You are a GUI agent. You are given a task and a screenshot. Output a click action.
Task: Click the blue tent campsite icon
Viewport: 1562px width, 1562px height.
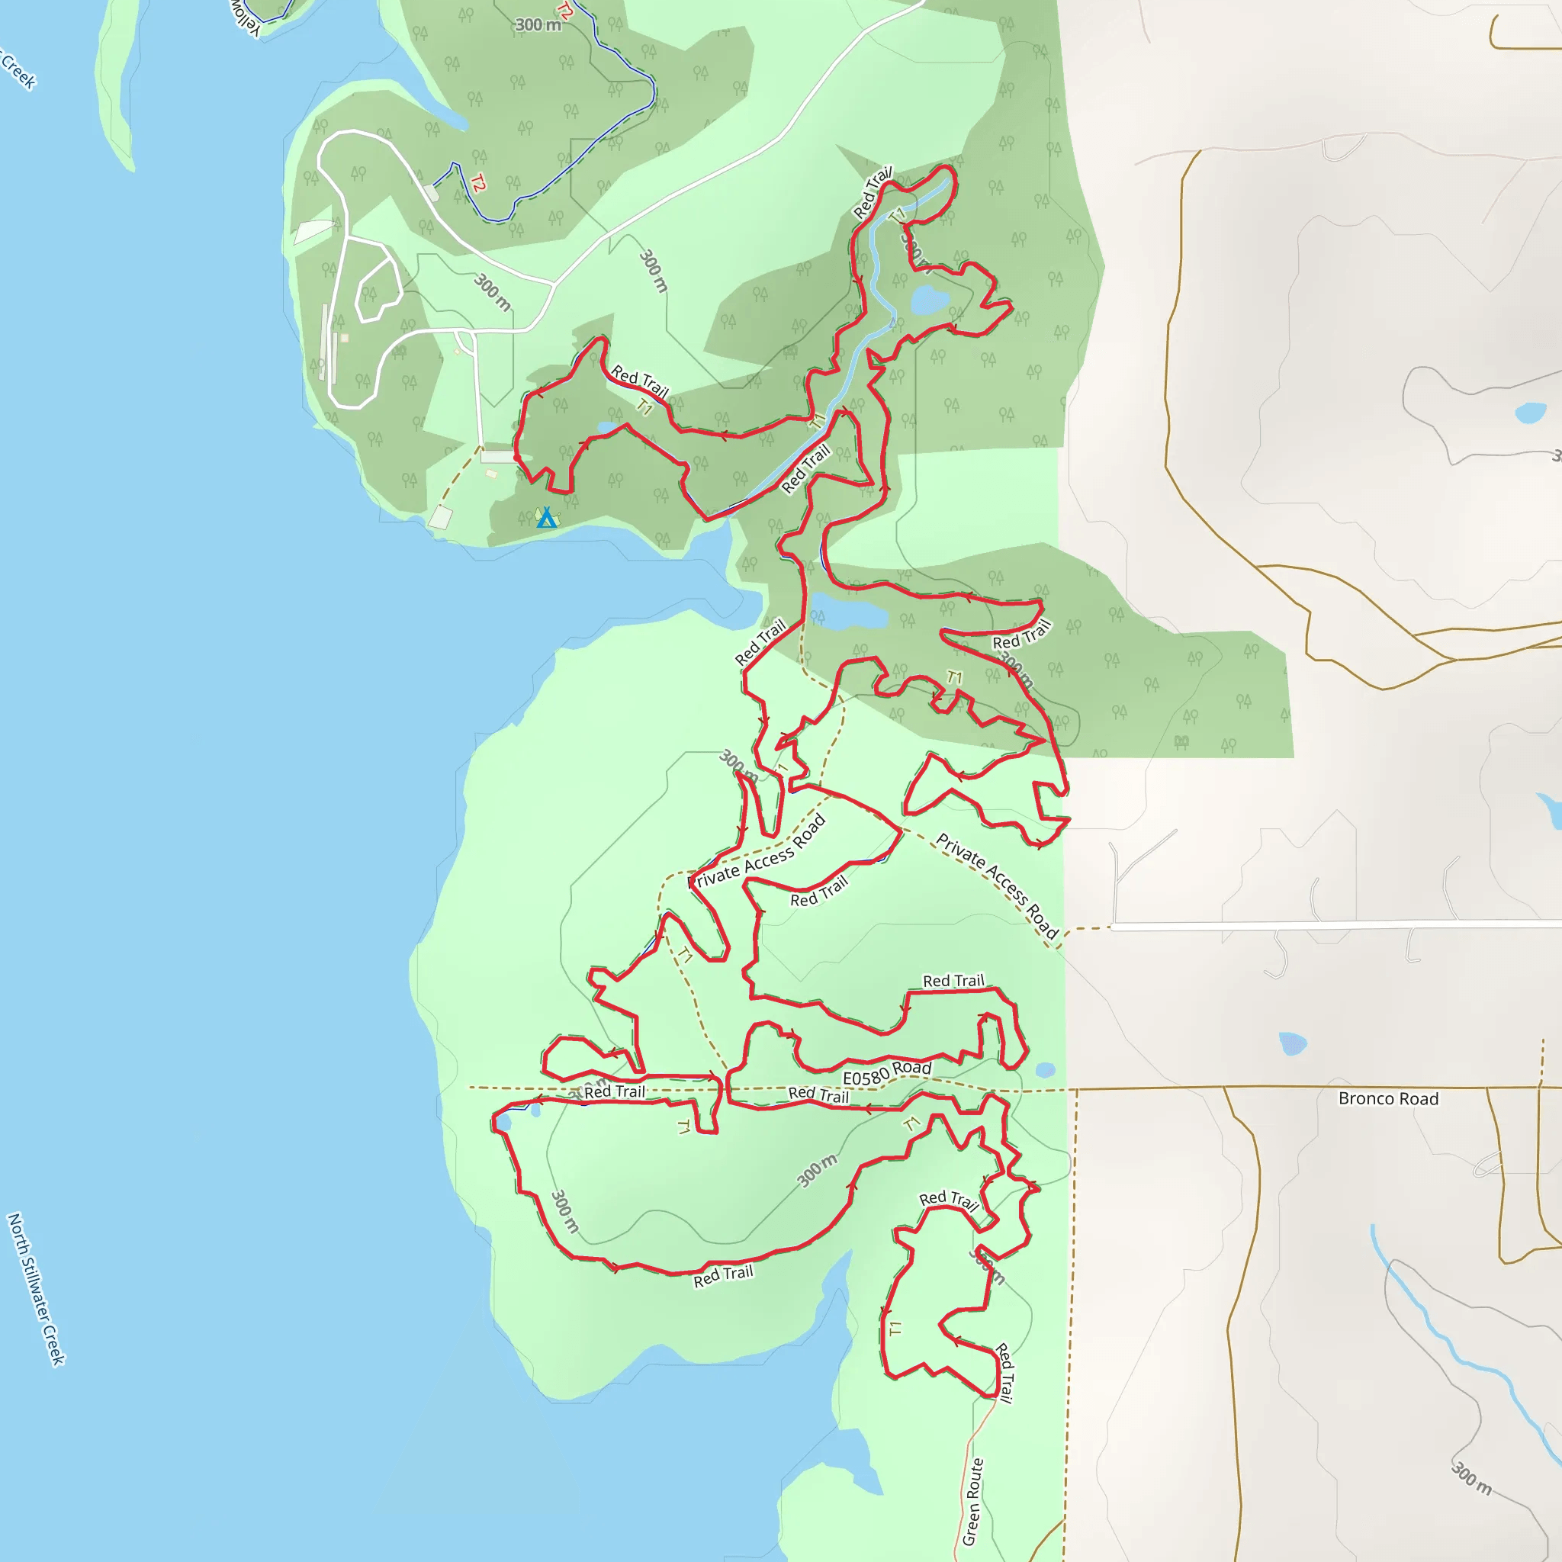pos(548,517)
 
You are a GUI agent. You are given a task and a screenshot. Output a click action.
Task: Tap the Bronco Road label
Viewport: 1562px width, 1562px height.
pos(1387,1099)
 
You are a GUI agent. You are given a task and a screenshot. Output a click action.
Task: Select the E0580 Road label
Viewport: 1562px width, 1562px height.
pos(887,1073)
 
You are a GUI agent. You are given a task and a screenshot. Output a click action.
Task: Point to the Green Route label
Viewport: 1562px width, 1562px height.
pos(972,1501)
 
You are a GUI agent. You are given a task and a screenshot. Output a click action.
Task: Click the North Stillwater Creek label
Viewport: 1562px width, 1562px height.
pos(36,1289)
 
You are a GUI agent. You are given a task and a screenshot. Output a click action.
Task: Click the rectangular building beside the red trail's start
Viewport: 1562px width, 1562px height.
pos(497,457)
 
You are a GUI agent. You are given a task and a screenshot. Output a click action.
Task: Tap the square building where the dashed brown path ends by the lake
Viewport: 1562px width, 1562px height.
pos(441,517)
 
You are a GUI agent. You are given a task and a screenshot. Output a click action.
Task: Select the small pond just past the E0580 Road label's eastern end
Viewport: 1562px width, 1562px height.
pos(1045,1070)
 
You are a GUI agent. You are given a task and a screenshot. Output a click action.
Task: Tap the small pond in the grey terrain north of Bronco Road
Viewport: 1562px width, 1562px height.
pos(1293,1043)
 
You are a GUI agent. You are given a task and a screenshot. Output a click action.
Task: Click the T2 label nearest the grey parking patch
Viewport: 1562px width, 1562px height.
pos(477,185)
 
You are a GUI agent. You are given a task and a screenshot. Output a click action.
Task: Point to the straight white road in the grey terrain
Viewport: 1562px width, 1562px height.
pos(1334,925)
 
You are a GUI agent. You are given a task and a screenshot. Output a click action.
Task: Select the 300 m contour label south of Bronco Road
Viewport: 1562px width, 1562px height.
pos(1470,1478)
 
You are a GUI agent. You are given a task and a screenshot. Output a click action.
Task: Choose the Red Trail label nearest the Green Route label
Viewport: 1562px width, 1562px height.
pos(1004,1372)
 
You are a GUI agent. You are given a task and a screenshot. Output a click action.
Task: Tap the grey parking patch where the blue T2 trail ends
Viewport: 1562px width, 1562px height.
pos(432,192)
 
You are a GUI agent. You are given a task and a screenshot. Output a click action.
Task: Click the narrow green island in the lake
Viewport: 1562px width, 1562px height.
pos(113,89)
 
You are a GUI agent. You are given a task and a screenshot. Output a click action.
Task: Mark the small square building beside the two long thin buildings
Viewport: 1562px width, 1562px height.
pos(345,338)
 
